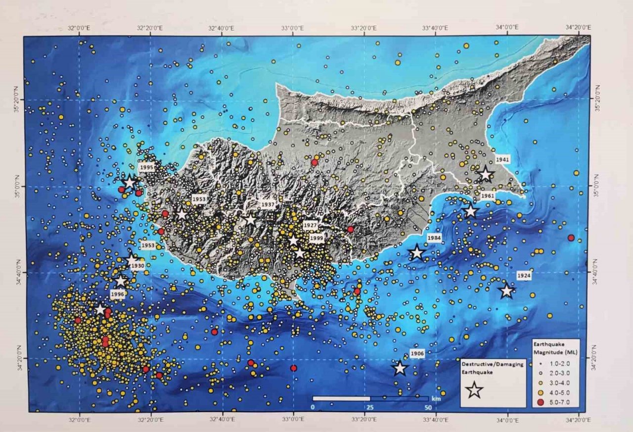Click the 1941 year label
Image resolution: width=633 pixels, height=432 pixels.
pyautogui.click(x=504, y=160)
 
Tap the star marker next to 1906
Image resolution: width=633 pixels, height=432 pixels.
pyautogui.click(x=400, y=368)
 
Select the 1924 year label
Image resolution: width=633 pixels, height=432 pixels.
pyautogui.click(x=523, y=275)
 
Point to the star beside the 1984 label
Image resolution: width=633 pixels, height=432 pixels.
pyautogui.click(x=417, y=253)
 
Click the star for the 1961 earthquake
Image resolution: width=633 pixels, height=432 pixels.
pyautogui.click(x=470, y=211)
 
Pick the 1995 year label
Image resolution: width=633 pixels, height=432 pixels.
pyautogui.click(x=146, y=168)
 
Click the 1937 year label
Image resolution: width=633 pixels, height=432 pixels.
pyautogui.click(x=269, y=204)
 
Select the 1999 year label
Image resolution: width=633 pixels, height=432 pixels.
pyautogui.click(x=316, y=238)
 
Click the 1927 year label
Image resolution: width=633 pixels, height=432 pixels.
pyautogui.click(x=311, y=225)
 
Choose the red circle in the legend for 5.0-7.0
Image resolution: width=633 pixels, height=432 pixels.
pyautogui.click(x=540, y=402)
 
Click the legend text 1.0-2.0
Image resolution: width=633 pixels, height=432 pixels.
pyautogui.click(x=559, y=364)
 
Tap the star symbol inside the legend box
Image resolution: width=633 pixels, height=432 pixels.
pyautogui.click(x=474, y=390)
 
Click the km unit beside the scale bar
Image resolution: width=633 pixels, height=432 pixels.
pyautogui.click(x=436, y=398)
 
